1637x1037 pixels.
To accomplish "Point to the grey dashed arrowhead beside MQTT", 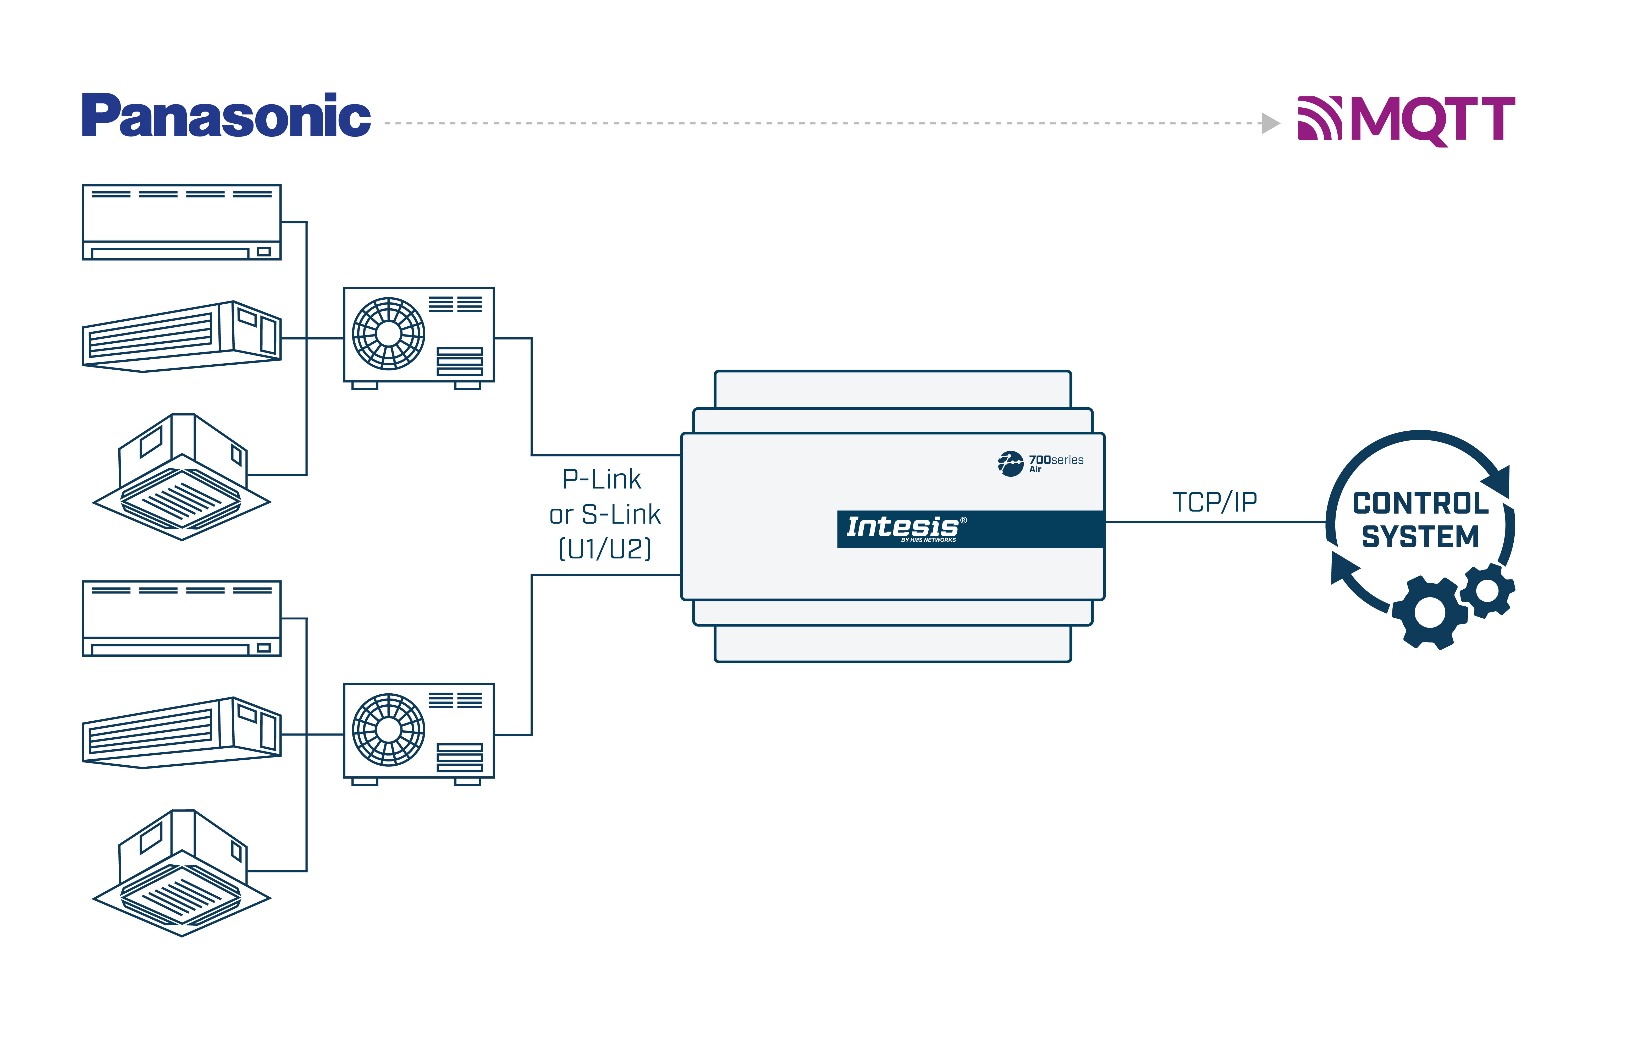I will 1270,123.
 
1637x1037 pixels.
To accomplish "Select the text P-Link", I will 602,479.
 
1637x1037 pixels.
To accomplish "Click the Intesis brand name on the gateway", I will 902,527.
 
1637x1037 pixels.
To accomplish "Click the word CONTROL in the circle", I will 1421,504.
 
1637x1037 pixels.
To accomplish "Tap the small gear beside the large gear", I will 1487,590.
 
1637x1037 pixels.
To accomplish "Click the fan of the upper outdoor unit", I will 388,334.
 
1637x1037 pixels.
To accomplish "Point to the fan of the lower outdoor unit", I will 388,730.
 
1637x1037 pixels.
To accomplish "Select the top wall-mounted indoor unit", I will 181,222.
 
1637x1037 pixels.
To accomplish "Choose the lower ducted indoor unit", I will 181,733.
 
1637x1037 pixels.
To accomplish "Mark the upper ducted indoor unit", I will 181,337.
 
